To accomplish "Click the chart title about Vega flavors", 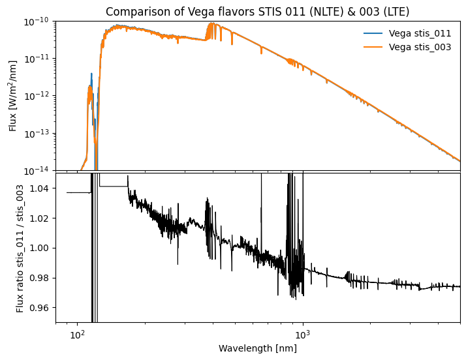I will coord(257,12).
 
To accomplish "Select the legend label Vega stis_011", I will coord(420,33).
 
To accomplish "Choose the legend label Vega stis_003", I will coord(420,47).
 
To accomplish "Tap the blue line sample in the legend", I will coord(373,33).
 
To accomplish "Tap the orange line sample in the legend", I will coord(373,47).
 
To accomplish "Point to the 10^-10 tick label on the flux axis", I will coord(39,22).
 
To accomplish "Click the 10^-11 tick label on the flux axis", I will coord(39,59).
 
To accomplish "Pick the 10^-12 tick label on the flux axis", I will coord(39,96).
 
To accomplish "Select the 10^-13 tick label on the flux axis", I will coord(39,133).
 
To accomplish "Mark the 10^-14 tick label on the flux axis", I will coord(39,170).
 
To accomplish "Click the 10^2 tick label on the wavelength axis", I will coord(78,333).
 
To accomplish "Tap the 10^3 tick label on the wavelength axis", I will coord(303,333).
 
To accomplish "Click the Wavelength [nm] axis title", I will coord(257,348).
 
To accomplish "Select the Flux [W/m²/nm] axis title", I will coord(13,96).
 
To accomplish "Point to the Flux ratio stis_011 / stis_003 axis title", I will coord(20,248).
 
